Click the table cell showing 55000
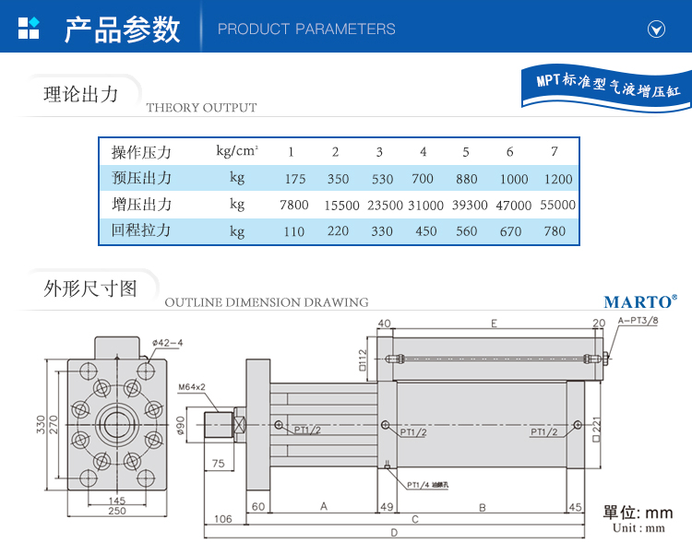tap(556, 206)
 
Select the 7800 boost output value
tap(293, 205)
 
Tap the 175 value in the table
tap(295, 179)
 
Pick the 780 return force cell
tap(555, 230)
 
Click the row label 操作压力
tap(141, 152)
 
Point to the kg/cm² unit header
tap(237, 151)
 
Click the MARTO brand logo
tap(640, 301)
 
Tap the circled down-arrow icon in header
tap(656, 29)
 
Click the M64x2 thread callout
tap(192, 387)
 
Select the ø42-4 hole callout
tap(168, 343)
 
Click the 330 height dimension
tap(41, 425)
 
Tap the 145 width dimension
tap(116, 500)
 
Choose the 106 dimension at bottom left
tap(223, 518)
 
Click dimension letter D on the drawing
tap(394, 532)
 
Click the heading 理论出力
tap(81, 94)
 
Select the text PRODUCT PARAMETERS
tap(306, 29)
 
